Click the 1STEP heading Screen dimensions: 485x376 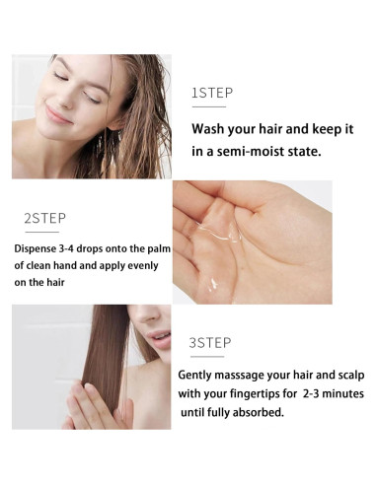[211, 93]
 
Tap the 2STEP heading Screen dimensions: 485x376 [44, 216]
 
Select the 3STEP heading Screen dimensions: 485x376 [209, 342]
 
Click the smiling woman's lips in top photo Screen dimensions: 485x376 [57, 115]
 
